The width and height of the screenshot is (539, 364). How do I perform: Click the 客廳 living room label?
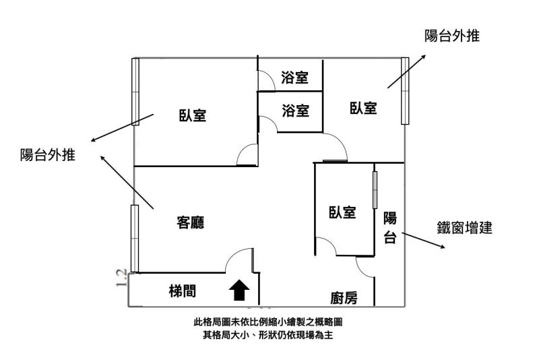click(x=191, y=222)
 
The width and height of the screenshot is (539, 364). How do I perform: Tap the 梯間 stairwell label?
click(x=183, y=291)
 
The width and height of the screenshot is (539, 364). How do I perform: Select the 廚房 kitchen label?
click(x=344, y=297)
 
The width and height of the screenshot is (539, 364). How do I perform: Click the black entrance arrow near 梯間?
click(x=240, y=291)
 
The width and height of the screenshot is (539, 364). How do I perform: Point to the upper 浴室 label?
click(x=295, y=78)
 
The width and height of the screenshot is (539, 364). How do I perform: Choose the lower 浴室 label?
click(x=295, y=110)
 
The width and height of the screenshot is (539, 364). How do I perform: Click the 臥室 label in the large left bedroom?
click(x=193, y=115)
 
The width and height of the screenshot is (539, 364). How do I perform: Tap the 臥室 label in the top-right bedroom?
click(x=363, y=107)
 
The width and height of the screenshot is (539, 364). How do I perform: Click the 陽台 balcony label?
click(x=389, y=228)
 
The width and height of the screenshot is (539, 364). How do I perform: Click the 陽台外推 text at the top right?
click(x=452, y=36)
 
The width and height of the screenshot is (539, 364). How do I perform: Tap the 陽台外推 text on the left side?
click(x=47, y=156)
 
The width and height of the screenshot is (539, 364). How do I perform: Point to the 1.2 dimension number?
click(x=121, y=277)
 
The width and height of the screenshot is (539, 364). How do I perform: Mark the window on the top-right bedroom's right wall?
click(x=405, y=90)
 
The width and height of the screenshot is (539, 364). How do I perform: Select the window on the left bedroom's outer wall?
click(x=135, y=91)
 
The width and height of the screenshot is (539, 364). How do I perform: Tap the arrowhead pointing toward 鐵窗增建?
click(x=442, y=247)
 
